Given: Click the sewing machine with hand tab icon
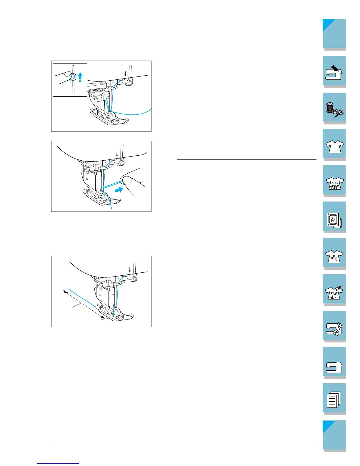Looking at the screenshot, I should point(334,71).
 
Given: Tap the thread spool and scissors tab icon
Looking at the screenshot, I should point(334,108).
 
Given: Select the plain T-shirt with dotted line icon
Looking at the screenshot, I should point(334,145).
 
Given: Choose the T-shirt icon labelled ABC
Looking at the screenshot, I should point(334,182).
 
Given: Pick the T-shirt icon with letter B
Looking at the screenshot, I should point(334,255).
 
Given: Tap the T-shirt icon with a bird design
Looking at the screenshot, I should point(334,291).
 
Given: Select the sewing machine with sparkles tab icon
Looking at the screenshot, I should point(334,328).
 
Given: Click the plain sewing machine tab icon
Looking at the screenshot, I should point(334,364).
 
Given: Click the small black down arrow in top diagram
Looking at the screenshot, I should point(125,73).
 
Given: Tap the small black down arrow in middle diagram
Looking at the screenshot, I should point(117,154).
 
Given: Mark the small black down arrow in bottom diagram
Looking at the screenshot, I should point(130,269).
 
